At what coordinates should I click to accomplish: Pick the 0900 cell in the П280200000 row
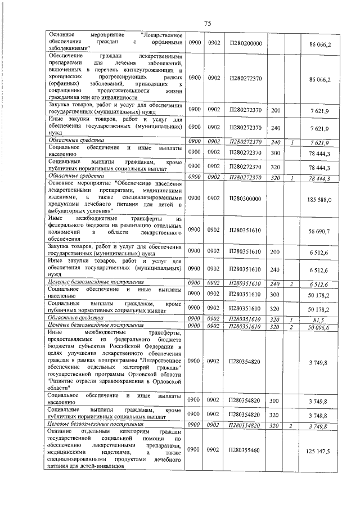(194, 43)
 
